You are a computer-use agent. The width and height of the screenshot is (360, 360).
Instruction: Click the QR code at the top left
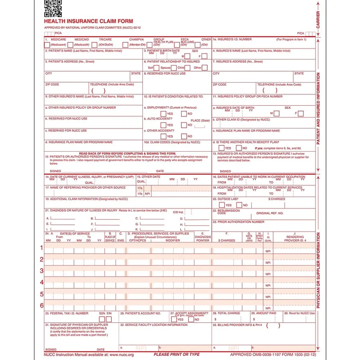click(x=53, y=8)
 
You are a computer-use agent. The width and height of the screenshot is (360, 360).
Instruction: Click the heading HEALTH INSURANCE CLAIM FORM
click(x=88, y=21)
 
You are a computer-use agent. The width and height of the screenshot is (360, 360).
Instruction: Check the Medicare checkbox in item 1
click(x=47, y=45)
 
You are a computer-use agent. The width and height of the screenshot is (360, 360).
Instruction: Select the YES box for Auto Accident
click(x=164, y=125)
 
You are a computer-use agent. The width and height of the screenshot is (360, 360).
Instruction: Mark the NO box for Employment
click(x=184, y=114)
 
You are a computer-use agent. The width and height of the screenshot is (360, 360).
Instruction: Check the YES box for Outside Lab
click(x=222, y=205)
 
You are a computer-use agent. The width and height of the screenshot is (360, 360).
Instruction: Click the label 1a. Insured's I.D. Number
click(x=232, y=39)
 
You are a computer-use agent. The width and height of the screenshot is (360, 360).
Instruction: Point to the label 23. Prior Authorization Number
click(x=239, y=222)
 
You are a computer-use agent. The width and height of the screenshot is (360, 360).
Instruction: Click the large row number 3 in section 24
click(x=42, y=271)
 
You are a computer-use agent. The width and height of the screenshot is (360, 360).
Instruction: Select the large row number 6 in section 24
click(x=42, y=306)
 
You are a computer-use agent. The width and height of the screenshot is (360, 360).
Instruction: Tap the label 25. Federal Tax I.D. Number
click(x=67, y=313)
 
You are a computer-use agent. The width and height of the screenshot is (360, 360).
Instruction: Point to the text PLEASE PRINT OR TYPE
click(x=177, y=355)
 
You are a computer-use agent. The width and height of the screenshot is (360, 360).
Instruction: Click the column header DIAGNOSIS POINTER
click(x=203, y=237)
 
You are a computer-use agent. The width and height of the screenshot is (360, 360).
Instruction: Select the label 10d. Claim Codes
click(x=172, y=142)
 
